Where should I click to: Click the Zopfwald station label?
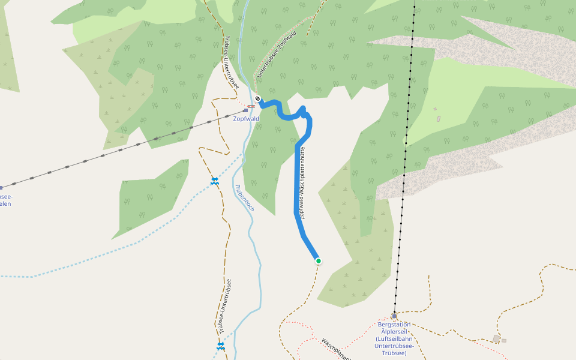point(246,119)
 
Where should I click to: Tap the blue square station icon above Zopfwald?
point(245,110)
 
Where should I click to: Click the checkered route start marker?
point(257,98)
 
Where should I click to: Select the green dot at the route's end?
point(318,260)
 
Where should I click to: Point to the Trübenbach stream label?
point(245,197)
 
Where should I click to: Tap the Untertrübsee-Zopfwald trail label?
point(277,57)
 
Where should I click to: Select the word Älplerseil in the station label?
point(395,332)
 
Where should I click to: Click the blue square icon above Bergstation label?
point(394,316)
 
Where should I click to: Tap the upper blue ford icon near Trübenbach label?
point(214,181)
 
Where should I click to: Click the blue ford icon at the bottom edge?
point(220,346)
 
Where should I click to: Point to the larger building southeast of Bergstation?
point(496,339)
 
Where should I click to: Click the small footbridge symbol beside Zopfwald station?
point(251,106)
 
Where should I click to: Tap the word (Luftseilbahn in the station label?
point(395,339)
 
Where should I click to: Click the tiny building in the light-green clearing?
point(437,118)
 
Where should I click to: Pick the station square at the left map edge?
point(1,187)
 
